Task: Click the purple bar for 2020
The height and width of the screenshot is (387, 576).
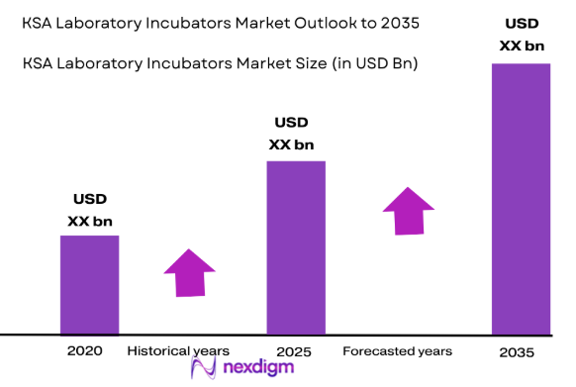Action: [x=89, y=284]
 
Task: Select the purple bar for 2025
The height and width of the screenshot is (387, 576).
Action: [x=296, y=247]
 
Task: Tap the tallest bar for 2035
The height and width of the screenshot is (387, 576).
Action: [x=521, y=198]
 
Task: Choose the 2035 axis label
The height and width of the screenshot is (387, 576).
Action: [x=517, y=352]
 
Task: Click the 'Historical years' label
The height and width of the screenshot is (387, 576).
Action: [x=178, y=351]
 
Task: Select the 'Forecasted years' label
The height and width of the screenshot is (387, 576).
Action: [x=397, y=351]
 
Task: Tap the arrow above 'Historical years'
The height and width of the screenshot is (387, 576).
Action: [x=190, y=271]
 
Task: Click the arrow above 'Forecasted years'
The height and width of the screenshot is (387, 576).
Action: [x=408, y=210]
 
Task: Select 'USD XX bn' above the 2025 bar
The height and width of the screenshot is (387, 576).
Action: [x=291, y=133]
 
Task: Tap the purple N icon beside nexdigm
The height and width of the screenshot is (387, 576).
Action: [x=203, y=369]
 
